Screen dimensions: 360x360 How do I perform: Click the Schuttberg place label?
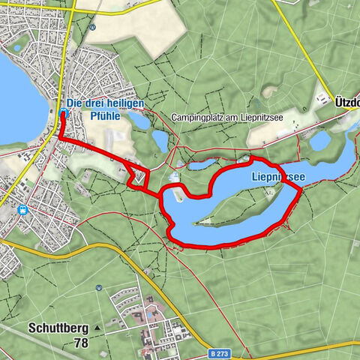58,328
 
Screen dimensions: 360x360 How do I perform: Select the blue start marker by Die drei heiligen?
62,113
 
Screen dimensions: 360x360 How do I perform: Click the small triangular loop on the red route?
139,178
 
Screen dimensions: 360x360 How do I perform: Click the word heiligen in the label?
124,103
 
